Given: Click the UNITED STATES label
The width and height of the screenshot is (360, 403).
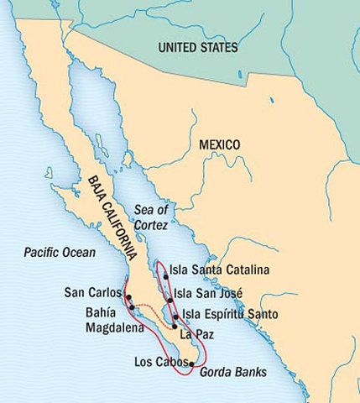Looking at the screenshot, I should (209, 48).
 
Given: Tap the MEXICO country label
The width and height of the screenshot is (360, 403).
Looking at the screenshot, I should (219, 144).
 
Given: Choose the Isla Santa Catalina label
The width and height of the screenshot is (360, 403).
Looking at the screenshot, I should (219, 270).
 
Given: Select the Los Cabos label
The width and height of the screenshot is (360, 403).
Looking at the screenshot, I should (160, 363).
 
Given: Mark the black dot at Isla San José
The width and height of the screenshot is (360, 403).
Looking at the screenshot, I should (170, 299).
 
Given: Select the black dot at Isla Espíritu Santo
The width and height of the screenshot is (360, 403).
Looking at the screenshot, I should (175, 317).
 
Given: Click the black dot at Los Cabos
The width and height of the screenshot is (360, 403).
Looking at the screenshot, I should (192, 364).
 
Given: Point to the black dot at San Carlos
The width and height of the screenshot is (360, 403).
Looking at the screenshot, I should (128, 297).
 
